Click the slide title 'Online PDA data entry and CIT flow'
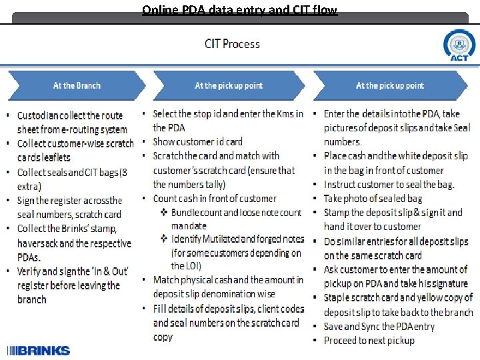click(x=239, y=9)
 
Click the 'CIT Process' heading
click(x=232, y=44)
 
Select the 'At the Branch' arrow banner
click(x=77, y=85)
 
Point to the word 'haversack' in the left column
click(x=38, y=243)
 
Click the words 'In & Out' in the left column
click(x=111, y=271)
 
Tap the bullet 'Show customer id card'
click(x=197, y=141)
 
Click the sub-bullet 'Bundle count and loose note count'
click(x=236, y=213)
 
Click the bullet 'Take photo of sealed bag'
click(x=373, y=198)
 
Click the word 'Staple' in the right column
click(x=338, y=298)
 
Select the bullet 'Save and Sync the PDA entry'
click(x=379, y=327)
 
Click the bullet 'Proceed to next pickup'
click(x=369, y=341)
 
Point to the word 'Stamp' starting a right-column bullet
click(x=338, y=213)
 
